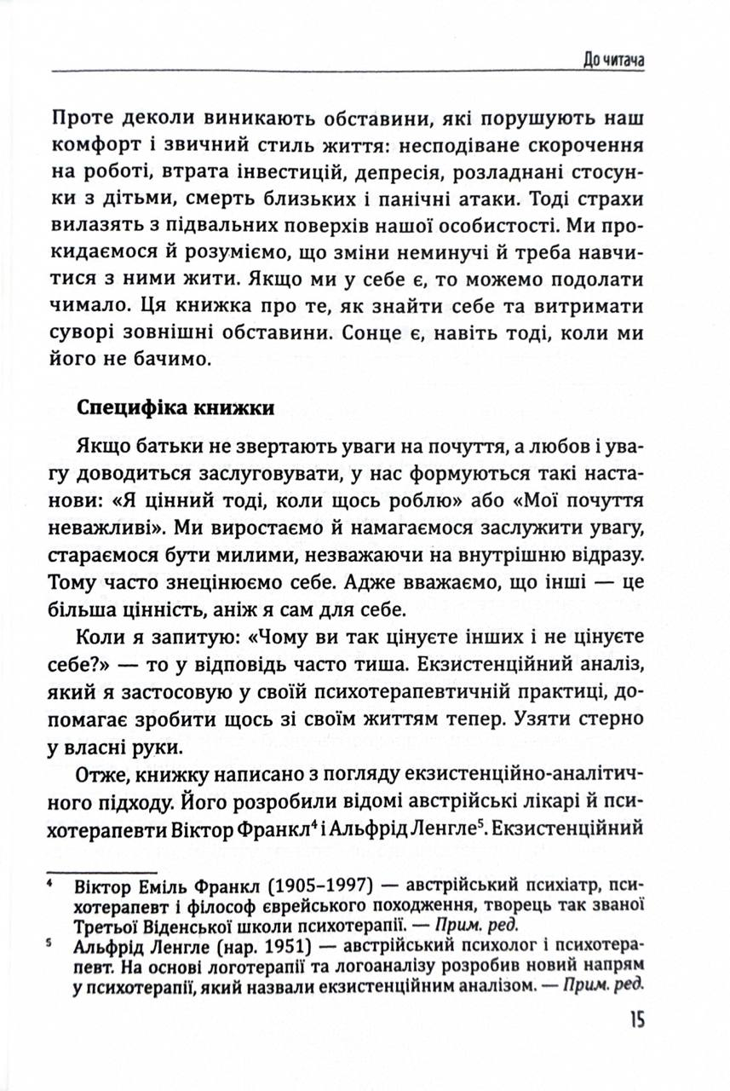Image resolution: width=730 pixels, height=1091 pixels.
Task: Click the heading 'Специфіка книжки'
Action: click(175, 407)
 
